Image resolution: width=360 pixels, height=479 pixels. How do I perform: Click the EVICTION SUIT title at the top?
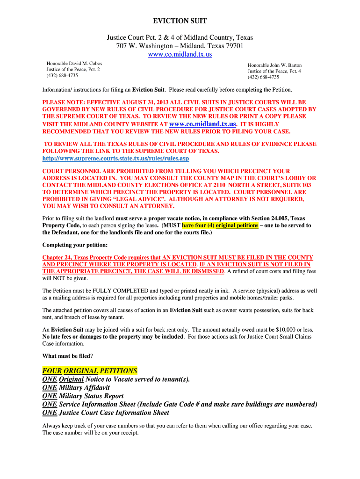[x=180, y=21]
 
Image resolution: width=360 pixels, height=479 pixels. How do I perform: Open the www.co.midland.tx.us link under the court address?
[x=180, y=54]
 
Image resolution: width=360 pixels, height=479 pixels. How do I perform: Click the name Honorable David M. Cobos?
[x=74, y=63]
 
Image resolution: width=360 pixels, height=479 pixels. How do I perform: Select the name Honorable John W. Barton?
[x=274, y=65]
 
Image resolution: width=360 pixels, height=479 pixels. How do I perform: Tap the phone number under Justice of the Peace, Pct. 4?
[x=263, y=77]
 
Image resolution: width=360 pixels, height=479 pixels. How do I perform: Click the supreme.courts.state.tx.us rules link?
[x=115, y=159]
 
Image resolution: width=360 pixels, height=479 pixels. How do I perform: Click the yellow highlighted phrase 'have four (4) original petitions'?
[x=220, y=225]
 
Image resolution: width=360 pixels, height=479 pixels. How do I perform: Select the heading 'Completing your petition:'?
[x=75, y=245]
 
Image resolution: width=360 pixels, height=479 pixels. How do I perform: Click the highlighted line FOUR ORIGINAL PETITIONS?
[x=90, y=370]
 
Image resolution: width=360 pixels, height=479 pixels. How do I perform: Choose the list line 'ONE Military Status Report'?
[x=83, y=396]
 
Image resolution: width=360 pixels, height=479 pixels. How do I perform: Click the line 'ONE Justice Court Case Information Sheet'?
[x=106, y=413]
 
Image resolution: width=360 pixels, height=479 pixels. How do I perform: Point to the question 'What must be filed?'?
[x=67, y=355]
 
